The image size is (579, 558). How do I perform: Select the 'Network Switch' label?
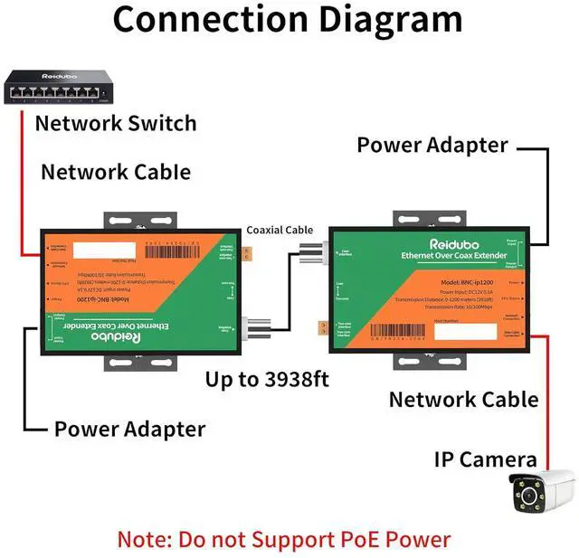[115, 123]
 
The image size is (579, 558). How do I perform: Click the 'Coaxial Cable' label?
[280, 231]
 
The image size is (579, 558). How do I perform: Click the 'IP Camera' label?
[484, 459]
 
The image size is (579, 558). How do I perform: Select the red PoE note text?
[283, 540]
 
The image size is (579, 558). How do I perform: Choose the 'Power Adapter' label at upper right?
[432, 146]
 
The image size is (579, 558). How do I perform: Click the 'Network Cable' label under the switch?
[116, 172]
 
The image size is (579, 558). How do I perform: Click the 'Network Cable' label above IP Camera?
[463, 399]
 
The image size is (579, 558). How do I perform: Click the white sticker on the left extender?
[100, 250]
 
